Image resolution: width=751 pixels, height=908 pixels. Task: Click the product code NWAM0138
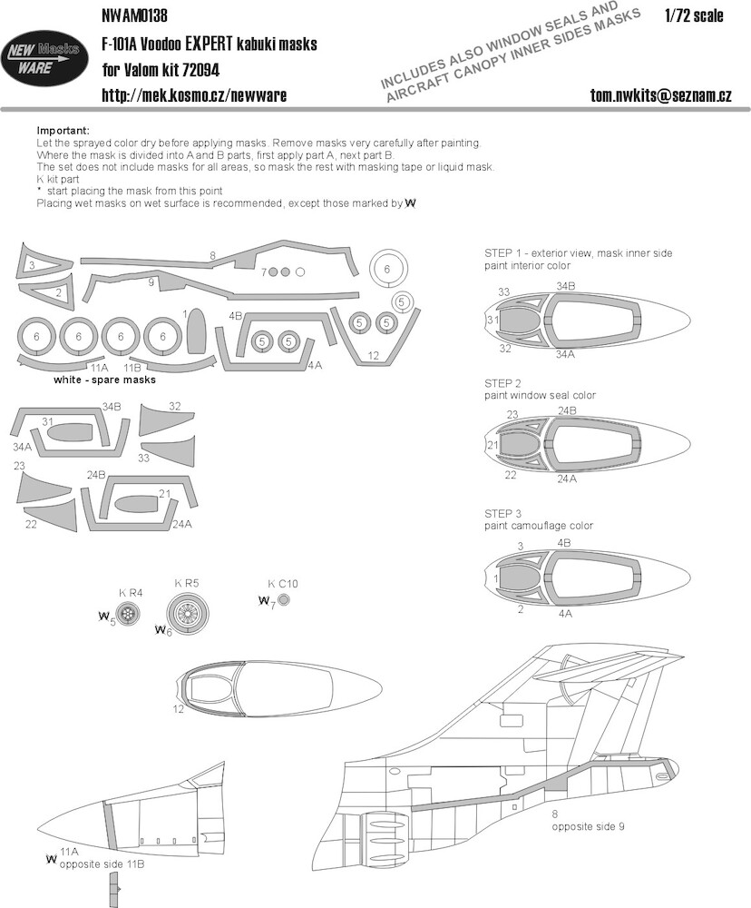coord(134,15)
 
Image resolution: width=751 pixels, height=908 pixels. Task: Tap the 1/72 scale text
coord(694,15)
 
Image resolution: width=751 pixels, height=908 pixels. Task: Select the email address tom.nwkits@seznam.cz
coord(660,94)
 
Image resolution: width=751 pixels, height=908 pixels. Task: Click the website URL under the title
coord(194,94)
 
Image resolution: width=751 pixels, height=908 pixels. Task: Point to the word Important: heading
coord(63,131)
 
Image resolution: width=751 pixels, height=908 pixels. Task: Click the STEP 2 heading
coord(502,383)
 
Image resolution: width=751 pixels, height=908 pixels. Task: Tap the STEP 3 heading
coord(502,514)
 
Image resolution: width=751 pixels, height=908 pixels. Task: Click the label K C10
coord(282,584)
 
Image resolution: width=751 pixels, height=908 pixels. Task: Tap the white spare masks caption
coord(104,380)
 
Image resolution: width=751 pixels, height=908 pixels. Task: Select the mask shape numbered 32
coord(165,420)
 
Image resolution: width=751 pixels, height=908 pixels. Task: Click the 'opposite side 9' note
coord(588,827)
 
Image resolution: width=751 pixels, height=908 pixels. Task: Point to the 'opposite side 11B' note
coord(102,864)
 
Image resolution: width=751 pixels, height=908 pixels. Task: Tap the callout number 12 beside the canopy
coord(178,708)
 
